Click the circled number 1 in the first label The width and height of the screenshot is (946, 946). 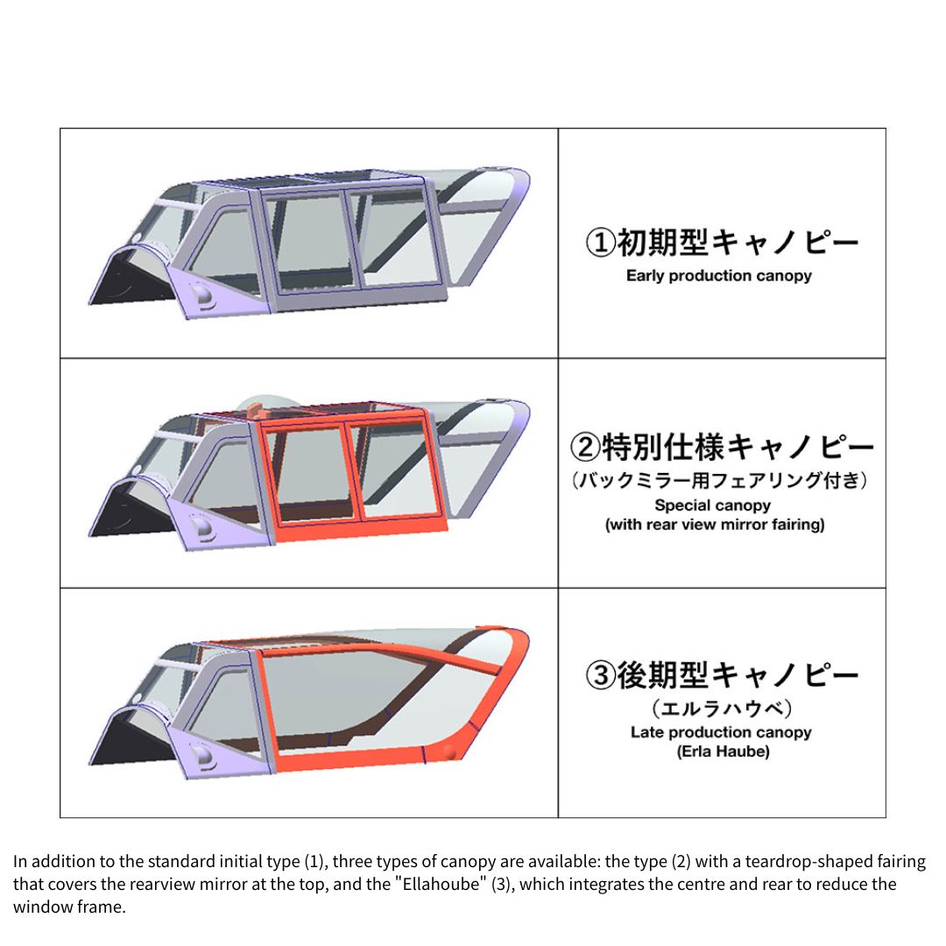click(601, 243)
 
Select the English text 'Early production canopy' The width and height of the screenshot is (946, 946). click(718, 276)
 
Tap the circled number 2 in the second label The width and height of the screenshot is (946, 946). click(585, 447)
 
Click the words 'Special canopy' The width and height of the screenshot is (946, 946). click(712, 505)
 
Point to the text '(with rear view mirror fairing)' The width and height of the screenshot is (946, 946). click(715, 525)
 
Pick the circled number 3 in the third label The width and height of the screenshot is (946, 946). click(601, 674)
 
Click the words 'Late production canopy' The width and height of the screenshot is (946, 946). click(721, 731)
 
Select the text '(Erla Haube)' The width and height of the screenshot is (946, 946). click(723, 752)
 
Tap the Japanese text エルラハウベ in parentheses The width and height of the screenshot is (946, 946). click(722, 708)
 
